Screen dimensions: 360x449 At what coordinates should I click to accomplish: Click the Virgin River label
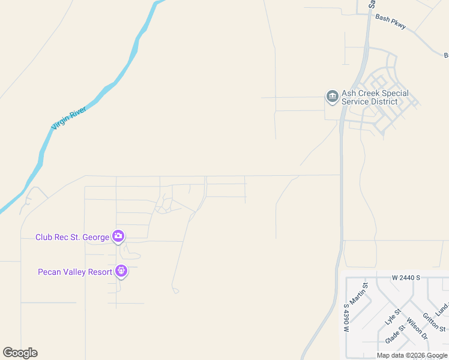pyautogui.click(x=68, y=118)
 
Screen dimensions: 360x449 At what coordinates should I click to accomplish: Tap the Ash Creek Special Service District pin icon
pyautogui.click(x=332, y=97)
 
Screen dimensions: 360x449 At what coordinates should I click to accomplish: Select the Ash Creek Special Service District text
pyautogui.click(x=375, y=97)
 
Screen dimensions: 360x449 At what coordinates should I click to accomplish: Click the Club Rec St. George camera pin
pyautogui.click(x=119, y=236)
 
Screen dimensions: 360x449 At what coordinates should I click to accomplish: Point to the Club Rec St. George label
pyautogui.click(x=72, y=237)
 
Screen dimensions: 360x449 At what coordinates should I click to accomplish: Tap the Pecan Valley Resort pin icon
pyautogui.click(x=122, y=272)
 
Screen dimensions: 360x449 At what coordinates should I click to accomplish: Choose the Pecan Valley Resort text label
pyautogui.click(x=75, y=272)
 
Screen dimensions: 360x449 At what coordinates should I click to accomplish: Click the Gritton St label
pyautogui.click(x=434, y=322)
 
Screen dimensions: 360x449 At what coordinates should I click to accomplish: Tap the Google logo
pyautogui.click(x=20, y=353)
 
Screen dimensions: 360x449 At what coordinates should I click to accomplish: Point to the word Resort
pyautogui.click(x=99, y=272)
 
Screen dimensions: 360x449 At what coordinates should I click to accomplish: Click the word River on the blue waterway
pyautogui.click(x=79, y=112)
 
